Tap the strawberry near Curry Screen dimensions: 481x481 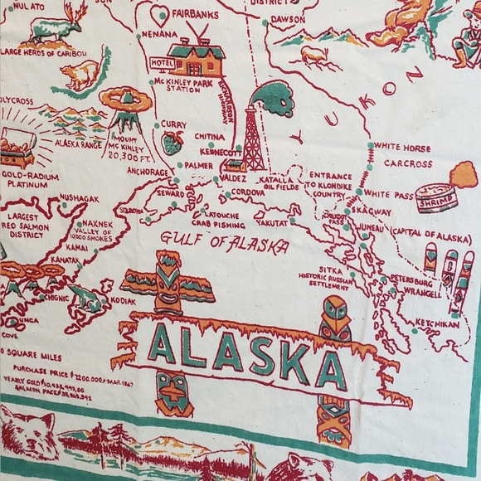172,143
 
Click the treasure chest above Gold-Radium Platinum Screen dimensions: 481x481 18,148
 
